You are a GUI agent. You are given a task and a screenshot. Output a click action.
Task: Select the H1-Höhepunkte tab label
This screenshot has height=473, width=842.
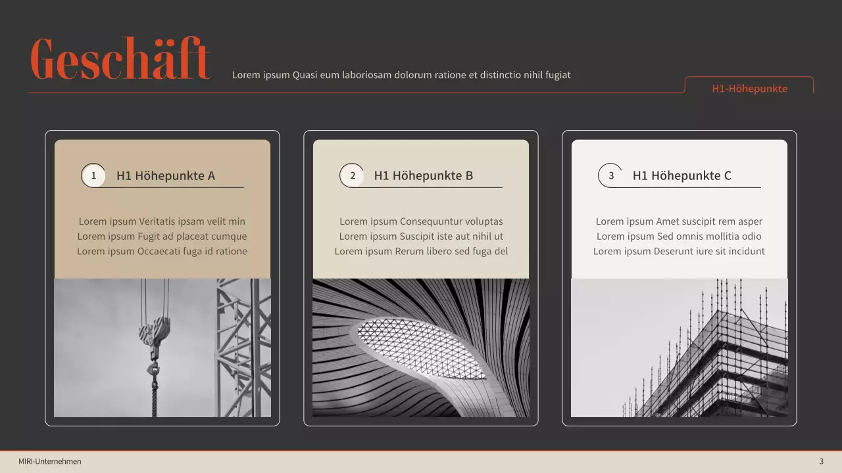coord(749,89)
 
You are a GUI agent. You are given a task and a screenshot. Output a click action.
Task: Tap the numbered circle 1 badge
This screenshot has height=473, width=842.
coord(93,175)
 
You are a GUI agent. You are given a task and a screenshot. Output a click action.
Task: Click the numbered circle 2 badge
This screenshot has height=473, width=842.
coord(353,175)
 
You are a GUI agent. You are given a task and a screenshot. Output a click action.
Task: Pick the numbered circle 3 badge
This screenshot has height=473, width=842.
coord(611,175)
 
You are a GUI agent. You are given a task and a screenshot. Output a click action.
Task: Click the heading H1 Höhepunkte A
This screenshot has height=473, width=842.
coord(166,175)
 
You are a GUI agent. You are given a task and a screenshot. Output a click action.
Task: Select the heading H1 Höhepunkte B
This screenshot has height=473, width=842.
coord(424,175)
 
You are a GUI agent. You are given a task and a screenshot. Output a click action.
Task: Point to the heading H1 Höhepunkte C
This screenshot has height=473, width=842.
coord(682,175)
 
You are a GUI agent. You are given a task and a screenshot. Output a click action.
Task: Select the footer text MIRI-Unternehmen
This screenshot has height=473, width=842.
coord(50,461)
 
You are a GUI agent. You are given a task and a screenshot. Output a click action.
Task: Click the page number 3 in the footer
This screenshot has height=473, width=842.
coord(821,461)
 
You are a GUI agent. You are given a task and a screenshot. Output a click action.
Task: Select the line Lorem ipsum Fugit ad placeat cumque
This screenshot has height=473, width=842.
coord(162,236)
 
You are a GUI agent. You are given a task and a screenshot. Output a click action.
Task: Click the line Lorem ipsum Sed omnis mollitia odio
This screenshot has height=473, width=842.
coord(679,236)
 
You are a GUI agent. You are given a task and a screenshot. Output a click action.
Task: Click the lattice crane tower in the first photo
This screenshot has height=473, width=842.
coord(243,348)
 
